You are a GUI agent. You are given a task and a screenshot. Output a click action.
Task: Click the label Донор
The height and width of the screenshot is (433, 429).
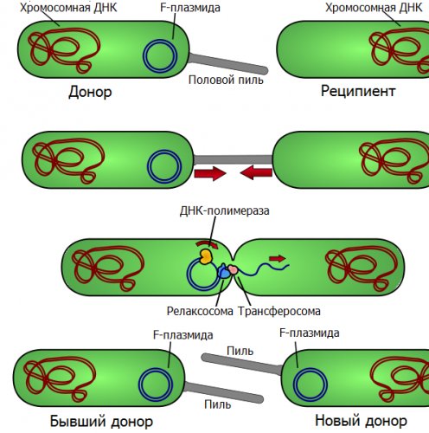90,92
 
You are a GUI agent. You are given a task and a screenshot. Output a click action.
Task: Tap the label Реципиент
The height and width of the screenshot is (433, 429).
358,91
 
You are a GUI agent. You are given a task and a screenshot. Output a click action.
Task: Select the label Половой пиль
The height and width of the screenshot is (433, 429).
226,80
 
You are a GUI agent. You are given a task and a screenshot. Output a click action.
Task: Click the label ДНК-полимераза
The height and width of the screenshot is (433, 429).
224,210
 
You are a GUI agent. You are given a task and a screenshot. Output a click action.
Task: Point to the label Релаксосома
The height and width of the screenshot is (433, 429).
200,311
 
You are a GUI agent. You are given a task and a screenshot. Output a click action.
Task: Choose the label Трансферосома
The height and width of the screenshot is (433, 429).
279,311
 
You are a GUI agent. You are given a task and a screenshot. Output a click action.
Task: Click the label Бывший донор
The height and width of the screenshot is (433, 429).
101,421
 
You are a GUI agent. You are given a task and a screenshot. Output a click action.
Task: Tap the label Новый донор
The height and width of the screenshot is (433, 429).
361,421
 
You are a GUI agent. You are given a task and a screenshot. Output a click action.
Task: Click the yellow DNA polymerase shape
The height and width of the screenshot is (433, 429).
206,256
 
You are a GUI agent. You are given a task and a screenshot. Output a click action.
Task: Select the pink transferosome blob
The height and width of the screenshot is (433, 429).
233,270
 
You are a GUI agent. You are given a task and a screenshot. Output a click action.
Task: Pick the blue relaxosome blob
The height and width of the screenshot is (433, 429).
223,271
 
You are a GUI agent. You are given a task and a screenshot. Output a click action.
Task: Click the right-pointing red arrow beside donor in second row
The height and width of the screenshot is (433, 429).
210,173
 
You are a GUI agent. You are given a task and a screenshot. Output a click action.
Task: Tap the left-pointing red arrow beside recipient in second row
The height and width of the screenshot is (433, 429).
256,173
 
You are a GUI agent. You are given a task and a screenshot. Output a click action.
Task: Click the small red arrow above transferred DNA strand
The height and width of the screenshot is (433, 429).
278,258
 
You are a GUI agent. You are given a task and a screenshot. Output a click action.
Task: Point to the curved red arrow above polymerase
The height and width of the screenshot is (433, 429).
207,244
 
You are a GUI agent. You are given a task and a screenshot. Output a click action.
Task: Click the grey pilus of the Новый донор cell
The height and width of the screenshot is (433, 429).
241,365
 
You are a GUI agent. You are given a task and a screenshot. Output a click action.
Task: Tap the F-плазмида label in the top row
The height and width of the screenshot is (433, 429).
190,8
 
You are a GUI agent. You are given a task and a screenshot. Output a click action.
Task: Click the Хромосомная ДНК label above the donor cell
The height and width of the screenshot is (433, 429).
68,8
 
